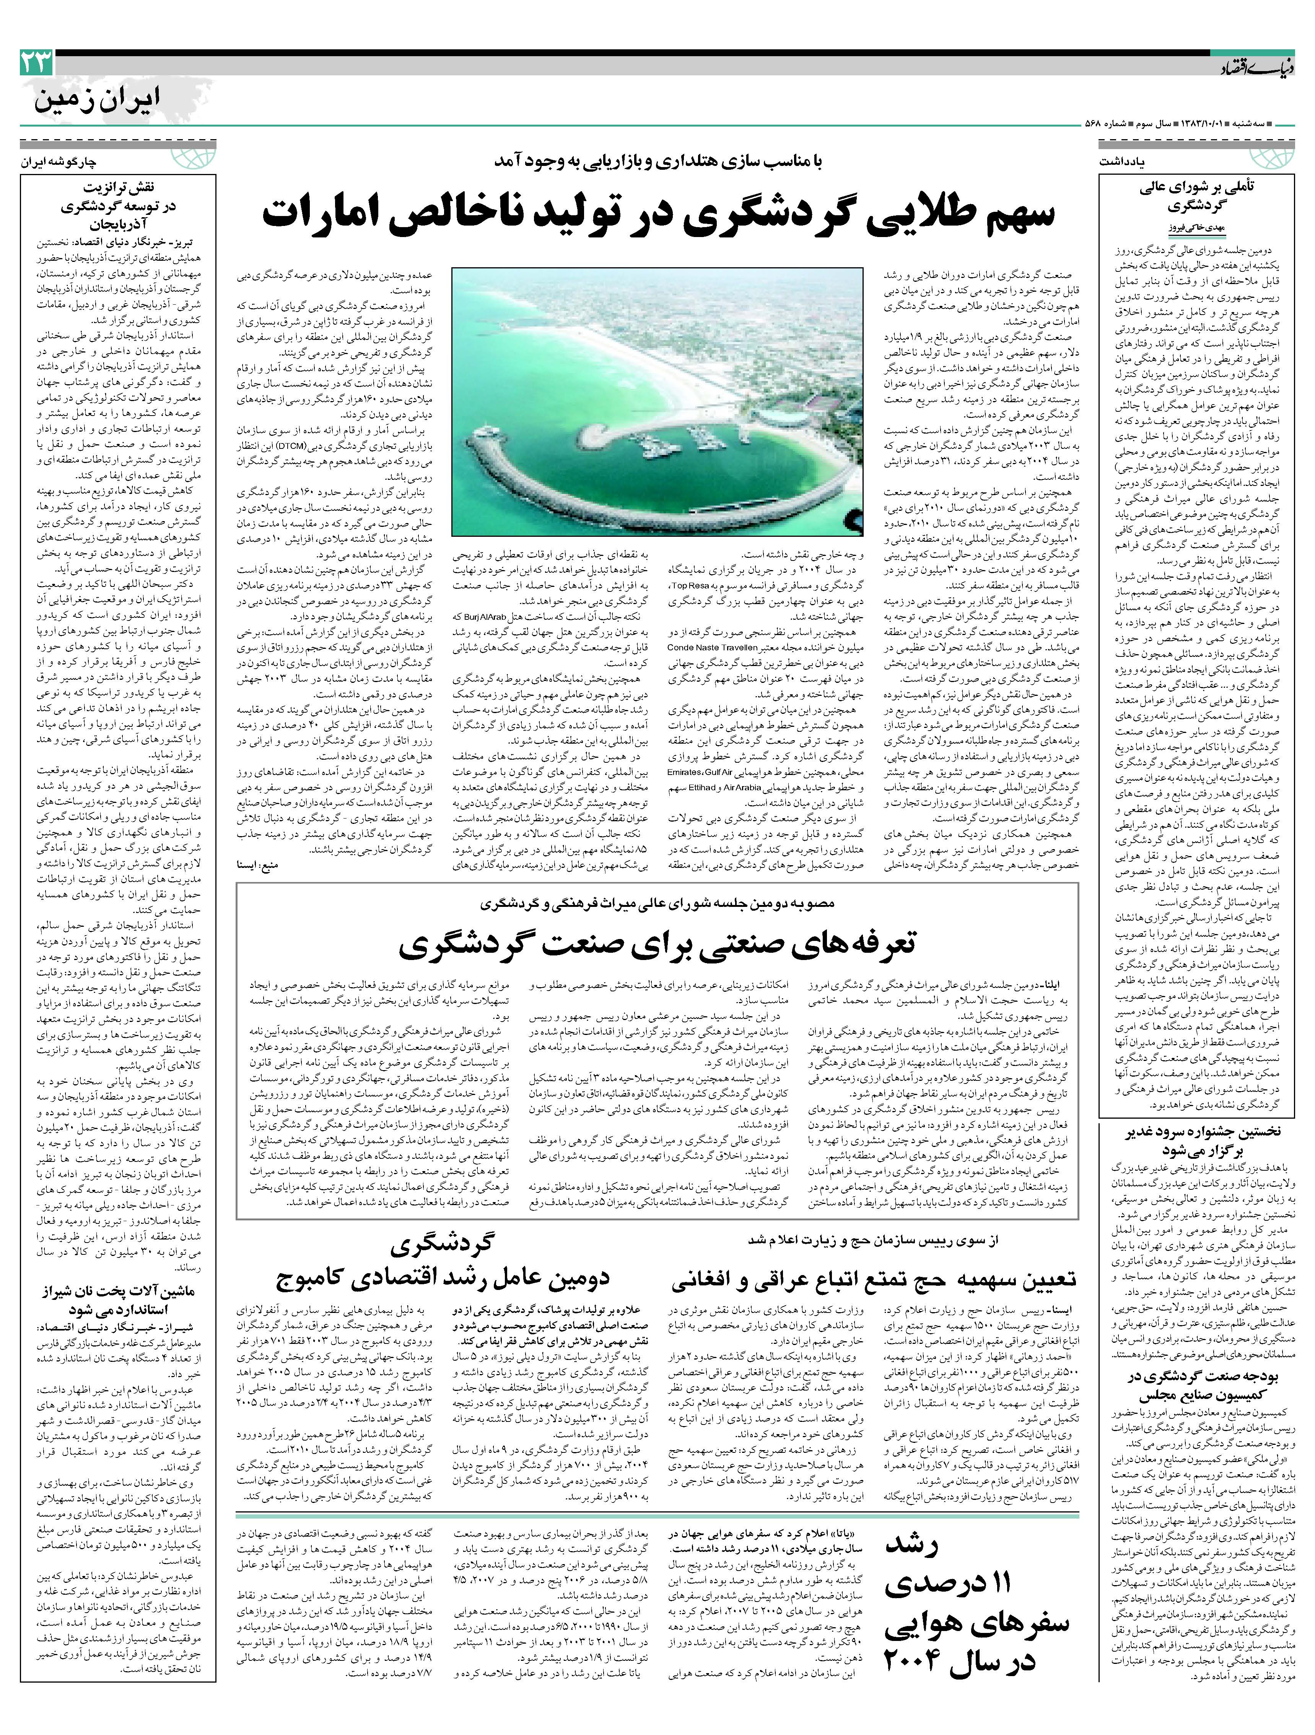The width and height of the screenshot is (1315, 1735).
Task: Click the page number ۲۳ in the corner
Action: click(36, 63)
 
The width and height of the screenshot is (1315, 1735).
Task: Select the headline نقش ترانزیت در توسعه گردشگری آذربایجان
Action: click(118, 206)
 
